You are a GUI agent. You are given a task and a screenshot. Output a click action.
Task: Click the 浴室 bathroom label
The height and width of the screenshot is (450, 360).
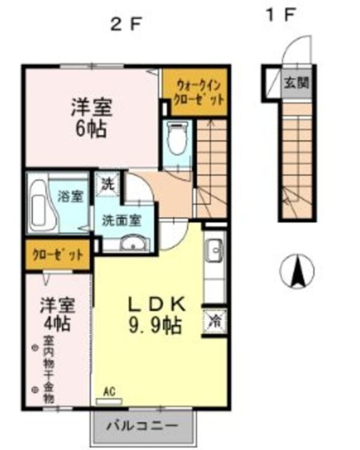click(x=71, y=196)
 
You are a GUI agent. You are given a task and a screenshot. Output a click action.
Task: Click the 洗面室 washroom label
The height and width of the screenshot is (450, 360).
click(x=121, y=220)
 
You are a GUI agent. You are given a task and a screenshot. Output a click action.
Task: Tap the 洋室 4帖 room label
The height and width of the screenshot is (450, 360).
click(x=58, y=314)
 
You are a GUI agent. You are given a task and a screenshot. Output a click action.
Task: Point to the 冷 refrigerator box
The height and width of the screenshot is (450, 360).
click(x=214, y=322)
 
